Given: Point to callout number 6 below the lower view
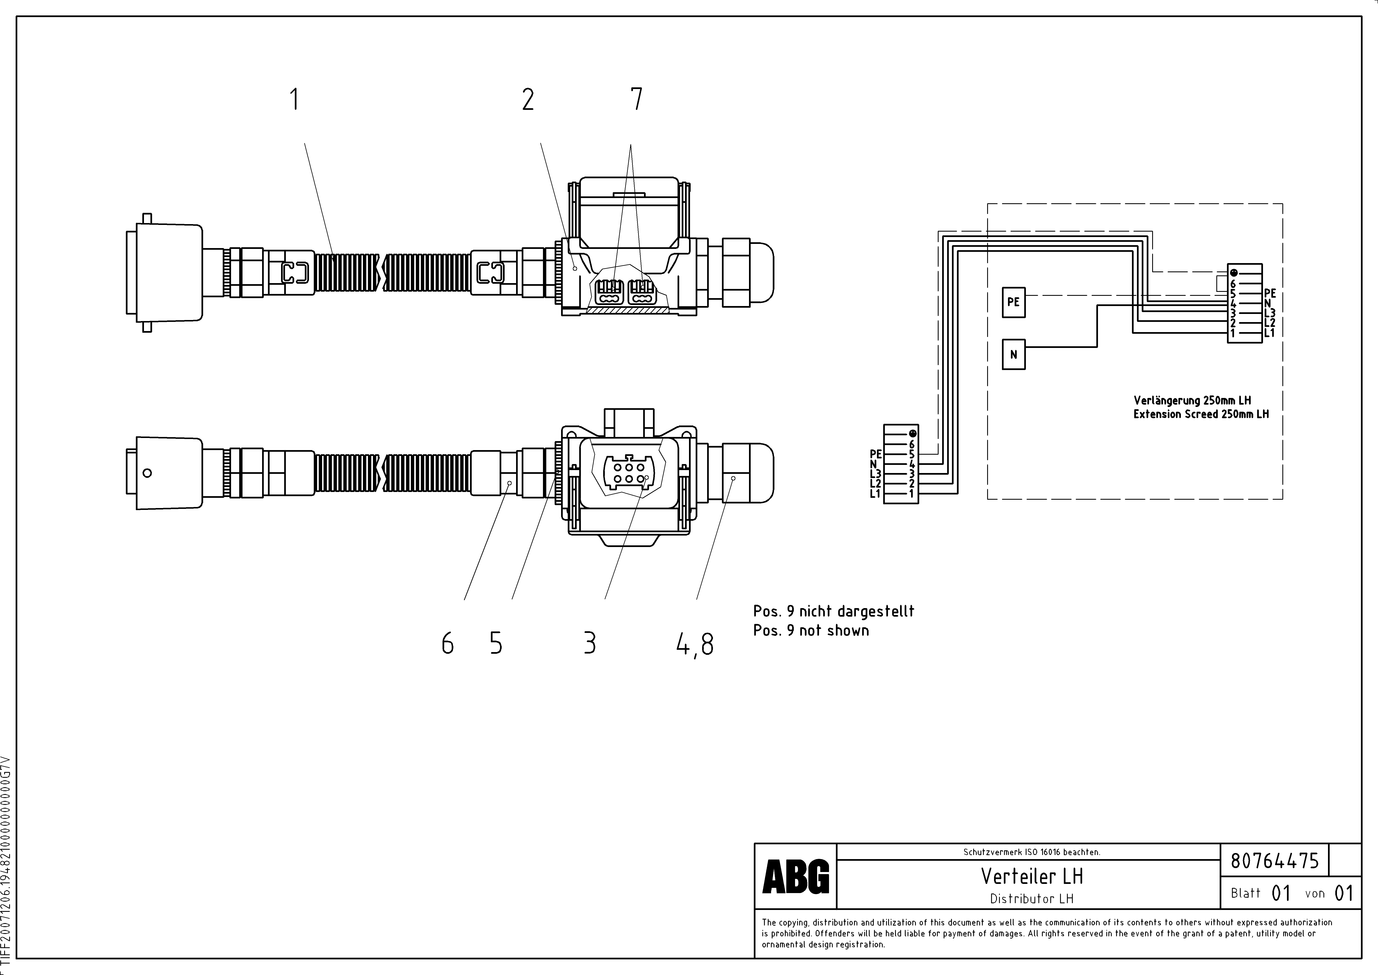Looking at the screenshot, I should (447, 644).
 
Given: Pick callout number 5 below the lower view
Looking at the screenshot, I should (496, 644).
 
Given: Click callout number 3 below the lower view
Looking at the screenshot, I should (590, 644).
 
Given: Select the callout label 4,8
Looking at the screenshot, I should (695, 645).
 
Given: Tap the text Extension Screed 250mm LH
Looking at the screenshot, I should (1201, 414).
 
